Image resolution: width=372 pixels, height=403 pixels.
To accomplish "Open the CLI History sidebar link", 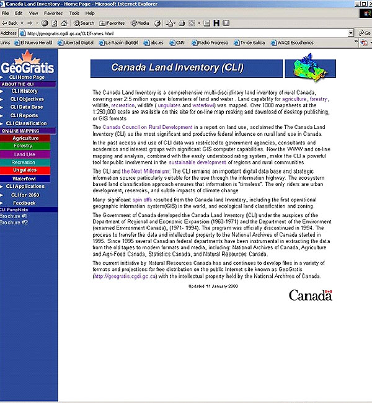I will point(24,91).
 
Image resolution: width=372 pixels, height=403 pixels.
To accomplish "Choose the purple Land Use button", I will point(25,154).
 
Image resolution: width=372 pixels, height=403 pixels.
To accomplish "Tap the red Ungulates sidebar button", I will point(24,170).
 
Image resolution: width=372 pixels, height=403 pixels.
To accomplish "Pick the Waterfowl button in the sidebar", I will point(24,179).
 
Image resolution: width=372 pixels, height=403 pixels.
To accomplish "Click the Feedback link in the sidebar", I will point(24,203).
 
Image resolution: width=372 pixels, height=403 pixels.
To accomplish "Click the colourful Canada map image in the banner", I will point(309,68).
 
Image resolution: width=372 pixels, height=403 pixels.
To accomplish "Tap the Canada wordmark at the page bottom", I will point(310,295).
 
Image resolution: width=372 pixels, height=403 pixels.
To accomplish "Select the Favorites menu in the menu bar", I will point(53,12).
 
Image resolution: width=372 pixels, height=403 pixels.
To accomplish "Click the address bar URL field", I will point(186,33).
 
